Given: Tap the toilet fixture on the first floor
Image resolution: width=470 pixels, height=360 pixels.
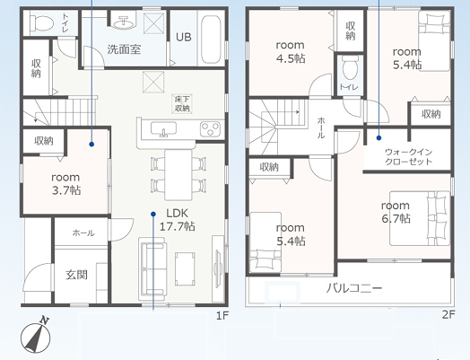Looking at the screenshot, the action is [42, 22].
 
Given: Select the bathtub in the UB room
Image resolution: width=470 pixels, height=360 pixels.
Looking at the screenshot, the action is [212, 39].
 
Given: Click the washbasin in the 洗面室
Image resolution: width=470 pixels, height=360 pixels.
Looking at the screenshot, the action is [124, 22].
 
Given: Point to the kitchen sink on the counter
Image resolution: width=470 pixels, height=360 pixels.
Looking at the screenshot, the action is [163, 129].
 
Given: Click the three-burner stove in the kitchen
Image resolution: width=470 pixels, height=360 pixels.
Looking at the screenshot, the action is [210, 129].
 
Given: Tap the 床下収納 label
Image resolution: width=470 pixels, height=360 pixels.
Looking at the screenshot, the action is [182, 104].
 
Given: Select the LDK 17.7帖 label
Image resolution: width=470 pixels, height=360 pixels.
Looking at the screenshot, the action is [178, 220].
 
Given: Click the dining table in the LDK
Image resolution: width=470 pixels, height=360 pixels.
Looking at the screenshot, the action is [178, 175].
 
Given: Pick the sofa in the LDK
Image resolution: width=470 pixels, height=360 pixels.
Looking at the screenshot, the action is [152, 269].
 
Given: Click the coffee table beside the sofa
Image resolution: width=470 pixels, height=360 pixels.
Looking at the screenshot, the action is [186, 268].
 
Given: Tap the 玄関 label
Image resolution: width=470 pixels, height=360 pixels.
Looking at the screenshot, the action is [77, 275].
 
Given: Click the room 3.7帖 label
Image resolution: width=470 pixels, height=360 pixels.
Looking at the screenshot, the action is [65, 184].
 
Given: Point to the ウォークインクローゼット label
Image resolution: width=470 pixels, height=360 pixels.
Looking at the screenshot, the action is [408, 157].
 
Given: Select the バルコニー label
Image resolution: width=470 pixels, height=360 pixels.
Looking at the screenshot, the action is [354, 288].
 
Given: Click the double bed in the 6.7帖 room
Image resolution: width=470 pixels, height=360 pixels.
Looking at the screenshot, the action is [420, 218].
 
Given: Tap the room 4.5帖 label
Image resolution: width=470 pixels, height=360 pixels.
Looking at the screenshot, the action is [291, 51].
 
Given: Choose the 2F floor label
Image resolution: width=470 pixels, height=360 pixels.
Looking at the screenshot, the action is [448, 314].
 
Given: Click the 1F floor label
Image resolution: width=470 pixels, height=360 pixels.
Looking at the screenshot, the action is [222, 315].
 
